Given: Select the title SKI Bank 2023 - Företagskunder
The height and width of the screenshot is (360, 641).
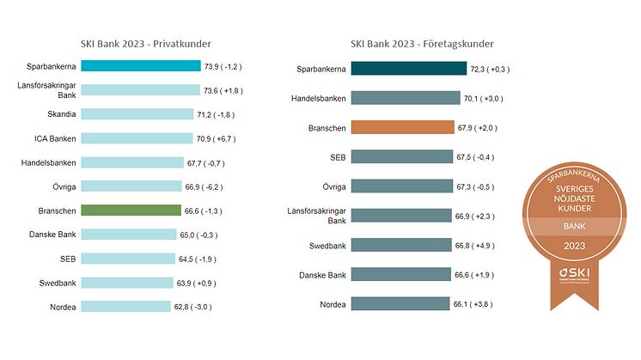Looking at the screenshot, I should point(422,44).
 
